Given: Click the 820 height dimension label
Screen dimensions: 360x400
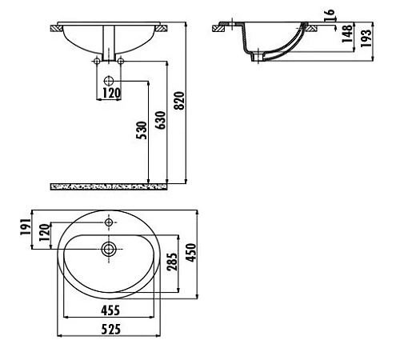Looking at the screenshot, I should (180, 99).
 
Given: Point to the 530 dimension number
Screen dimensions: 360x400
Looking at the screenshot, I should (142, 130).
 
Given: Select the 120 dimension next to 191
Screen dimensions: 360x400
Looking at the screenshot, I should (45, 234).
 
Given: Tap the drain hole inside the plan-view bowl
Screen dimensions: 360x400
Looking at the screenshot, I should (109, 249).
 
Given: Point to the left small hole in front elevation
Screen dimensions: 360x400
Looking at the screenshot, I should (98, 61).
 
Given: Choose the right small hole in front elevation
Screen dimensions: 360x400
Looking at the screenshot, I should (122, 61).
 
